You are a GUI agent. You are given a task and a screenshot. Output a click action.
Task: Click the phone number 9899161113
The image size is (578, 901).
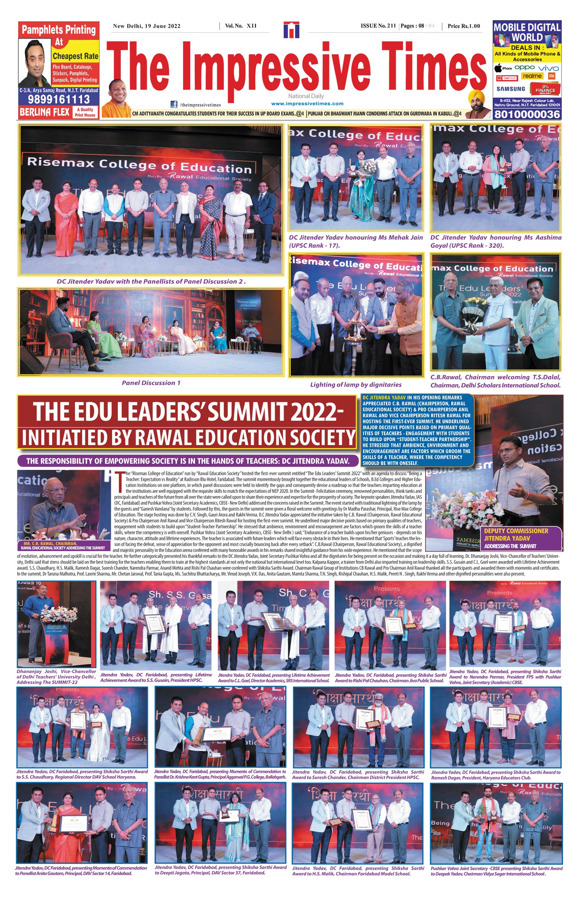59,99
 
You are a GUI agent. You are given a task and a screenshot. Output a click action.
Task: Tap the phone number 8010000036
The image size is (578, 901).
527,114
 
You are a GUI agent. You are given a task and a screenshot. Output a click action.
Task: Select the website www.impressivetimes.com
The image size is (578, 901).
307,104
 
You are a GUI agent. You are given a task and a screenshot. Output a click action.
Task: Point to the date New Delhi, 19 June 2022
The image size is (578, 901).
147,26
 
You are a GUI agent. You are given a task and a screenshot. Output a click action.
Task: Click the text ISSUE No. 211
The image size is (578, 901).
378,26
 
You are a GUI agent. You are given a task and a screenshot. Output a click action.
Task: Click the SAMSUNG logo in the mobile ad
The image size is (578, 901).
511,89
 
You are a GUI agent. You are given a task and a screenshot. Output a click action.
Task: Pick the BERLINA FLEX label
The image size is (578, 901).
45,111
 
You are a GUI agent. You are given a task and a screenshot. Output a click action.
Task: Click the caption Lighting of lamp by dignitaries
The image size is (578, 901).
356,384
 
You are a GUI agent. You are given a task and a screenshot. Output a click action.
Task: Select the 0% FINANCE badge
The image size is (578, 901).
545,89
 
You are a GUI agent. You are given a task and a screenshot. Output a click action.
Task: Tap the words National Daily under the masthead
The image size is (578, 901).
306,96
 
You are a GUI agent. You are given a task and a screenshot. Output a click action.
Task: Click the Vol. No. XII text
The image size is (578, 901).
241,26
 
